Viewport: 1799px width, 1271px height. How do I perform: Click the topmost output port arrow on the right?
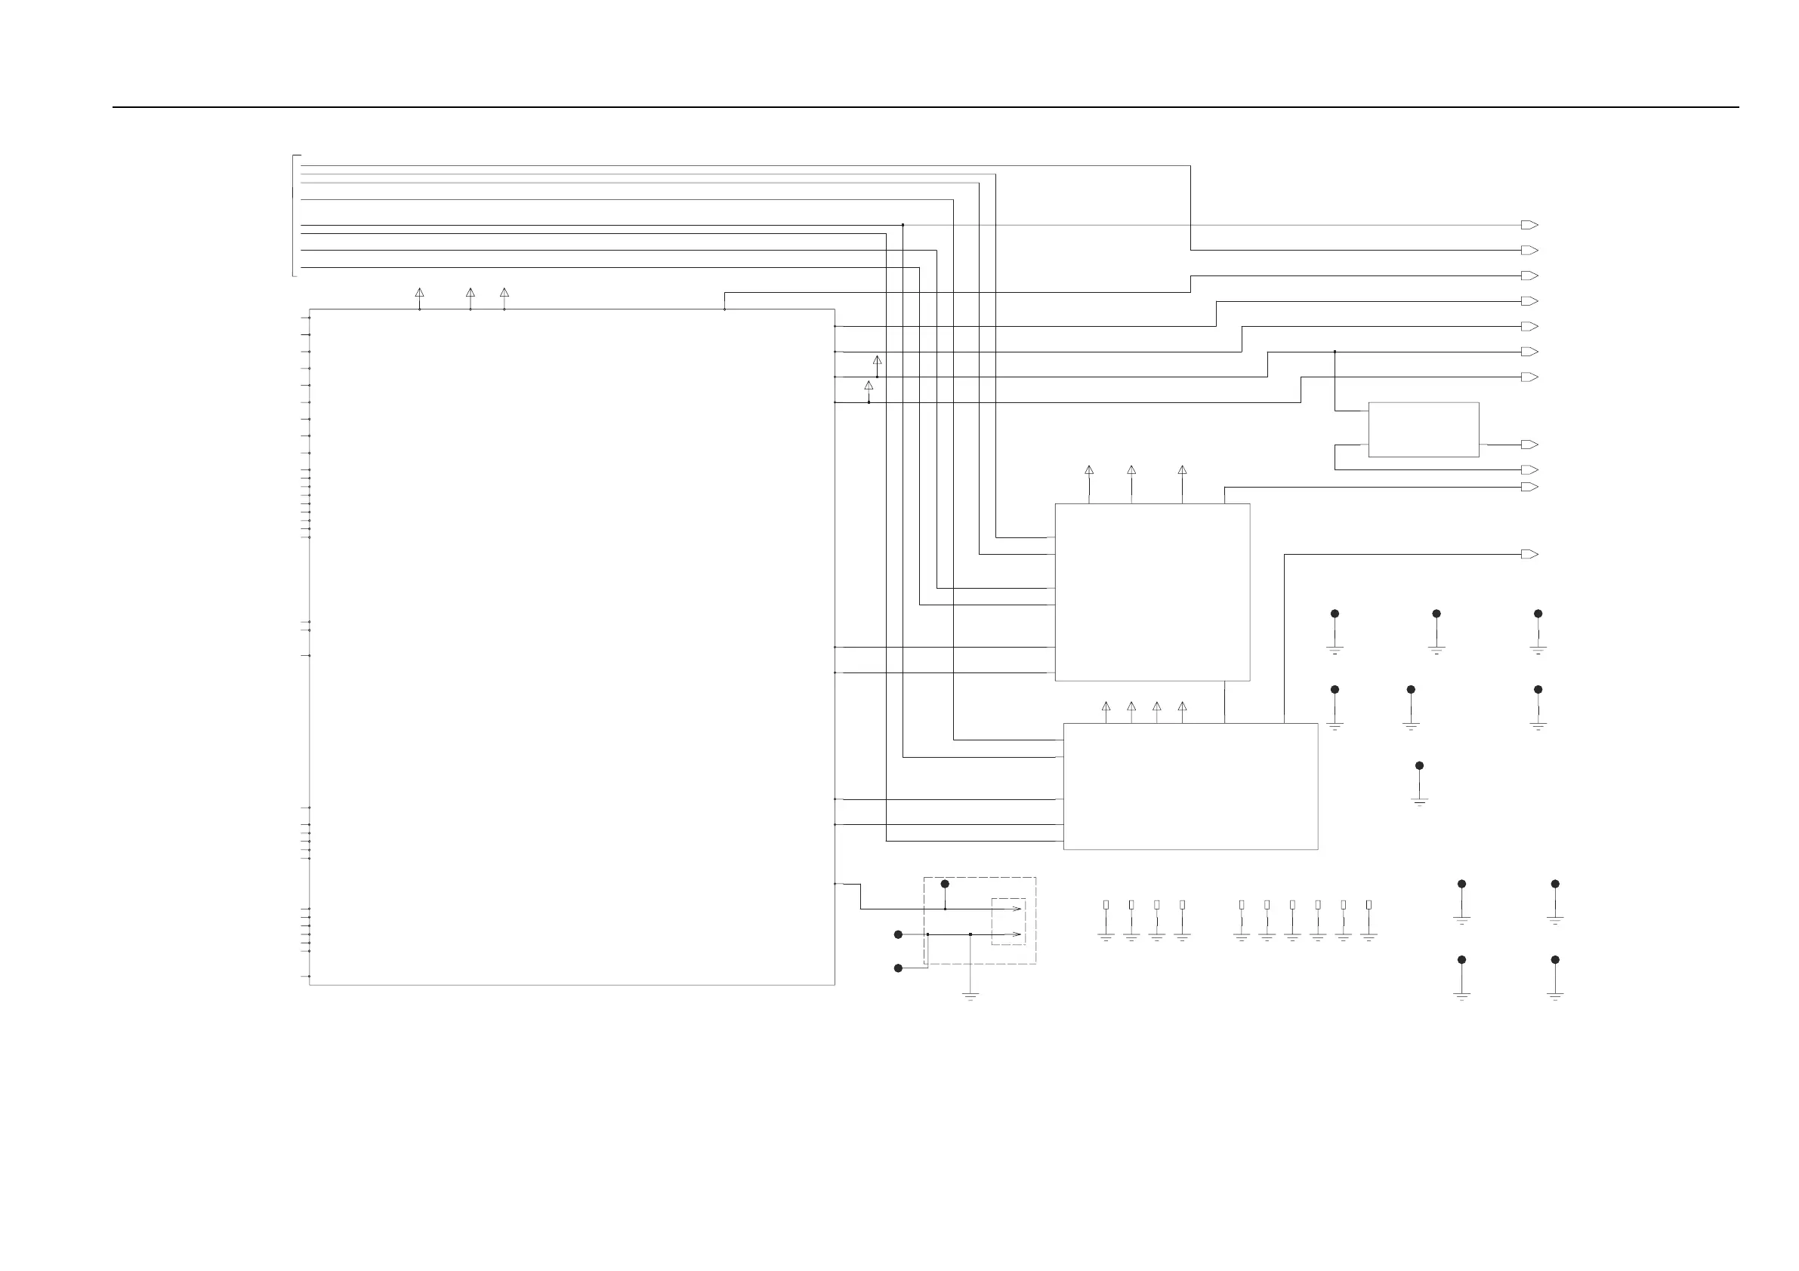(x=1529, y=225)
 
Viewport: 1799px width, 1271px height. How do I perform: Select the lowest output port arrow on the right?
(x=1529, y=555)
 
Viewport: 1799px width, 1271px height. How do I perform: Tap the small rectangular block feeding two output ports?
(x=1423, y=429)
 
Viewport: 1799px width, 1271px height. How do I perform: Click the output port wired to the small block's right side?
(x=1529, y=445)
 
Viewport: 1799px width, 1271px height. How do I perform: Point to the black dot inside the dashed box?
(x=945, y=884)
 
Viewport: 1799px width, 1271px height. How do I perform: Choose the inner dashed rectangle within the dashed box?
(x=1008, y=921)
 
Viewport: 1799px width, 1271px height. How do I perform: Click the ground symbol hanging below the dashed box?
(x=970, y=997)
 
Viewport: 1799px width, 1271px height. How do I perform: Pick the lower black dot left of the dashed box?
(x=899, y=968)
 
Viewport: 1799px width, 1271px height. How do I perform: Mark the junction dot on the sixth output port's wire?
(x=1335, y=352)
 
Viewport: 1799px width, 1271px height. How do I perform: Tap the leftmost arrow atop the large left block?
(x=419, y=293)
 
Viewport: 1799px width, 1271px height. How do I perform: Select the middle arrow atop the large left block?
(x=470, y=293)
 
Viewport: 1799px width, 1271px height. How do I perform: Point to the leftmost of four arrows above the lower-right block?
(x=1106, y=706)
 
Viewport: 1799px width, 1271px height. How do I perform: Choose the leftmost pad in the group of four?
(x=1106, y=905)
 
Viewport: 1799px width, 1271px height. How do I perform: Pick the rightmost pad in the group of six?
(x=1369, y=905)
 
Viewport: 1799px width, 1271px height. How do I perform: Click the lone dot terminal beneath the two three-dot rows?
(x=1420, y=766)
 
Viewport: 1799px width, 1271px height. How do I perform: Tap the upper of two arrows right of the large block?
(x=877, y=361)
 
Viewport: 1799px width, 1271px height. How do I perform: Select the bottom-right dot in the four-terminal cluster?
(x=1555, y=960)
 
